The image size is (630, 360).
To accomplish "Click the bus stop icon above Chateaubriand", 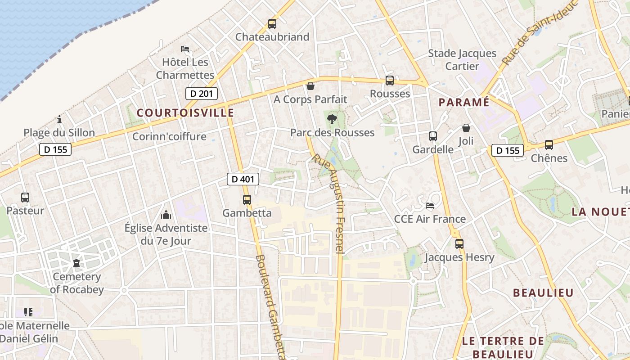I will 272,24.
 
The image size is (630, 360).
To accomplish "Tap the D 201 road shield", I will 202,94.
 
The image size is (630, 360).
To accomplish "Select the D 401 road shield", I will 243,179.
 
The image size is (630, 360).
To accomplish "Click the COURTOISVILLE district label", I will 185,112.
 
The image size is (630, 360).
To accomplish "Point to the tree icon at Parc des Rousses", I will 332,119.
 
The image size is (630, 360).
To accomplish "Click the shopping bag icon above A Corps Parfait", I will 310,85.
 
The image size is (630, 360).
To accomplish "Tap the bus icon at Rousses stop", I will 390,81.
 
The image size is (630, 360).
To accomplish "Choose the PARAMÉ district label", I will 464,102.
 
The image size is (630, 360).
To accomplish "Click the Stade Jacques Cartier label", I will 462,60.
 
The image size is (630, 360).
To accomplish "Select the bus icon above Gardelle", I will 433,136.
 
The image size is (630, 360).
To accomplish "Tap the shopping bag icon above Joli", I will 466,128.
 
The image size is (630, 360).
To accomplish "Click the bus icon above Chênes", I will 549,145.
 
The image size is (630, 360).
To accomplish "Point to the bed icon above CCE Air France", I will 430,206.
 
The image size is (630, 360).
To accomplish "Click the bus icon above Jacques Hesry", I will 459,244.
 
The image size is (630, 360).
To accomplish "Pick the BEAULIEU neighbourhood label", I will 543,293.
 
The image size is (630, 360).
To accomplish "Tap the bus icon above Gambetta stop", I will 247,200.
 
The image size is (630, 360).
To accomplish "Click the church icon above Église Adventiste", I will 166,215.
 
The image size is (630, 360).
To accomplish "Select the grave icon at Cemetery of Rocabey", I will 76,263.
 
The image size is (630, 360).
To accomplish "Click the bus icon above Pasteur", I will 25,197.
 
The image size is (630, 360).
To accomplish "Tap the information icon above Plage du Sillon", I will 59,120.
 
